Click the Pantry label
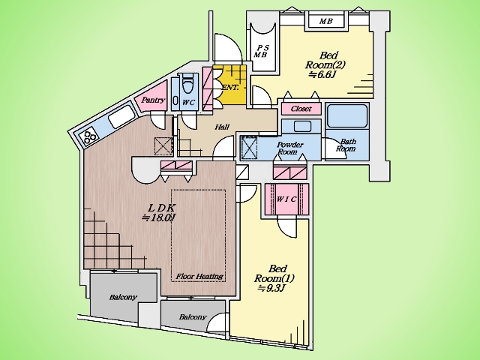point(153,100)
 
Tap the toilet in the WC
point(187,83)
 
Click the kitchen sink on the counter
point(121,118)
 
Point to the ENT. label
point(230,88)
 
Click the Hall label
point(222,127)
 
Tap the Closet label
point(301,109)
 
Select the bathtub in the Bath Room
point(347,116)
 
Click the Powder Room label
point(289,148)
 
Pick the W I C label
point(286,199)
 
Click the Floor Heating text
point(199,277)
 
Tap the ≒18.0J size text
point(159,217)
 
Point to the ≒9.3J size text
point(271,288)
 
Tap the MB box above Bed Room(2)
point(326,21)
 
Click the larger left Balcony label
point(123,297)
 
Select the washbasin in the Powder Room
point(302,126)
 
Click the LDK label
point(161,208)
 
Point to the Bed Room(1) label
point(274,274)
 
